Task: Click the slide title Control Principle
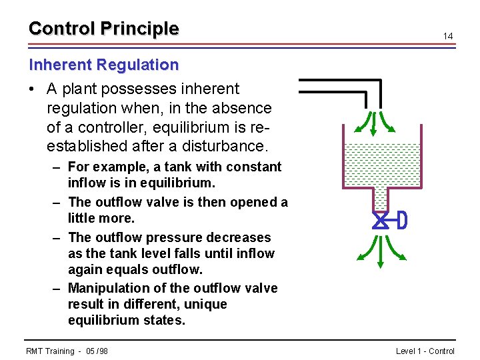tap(104, 29)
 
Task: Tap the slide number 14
tap(449, 36)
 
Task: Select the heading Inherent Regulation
tap(104, 65)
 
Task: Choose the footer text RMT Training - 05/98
tap(67, 351)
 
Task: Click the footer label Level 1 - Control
tap(425, 351)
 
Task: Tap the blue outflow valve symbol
tap(381, 221)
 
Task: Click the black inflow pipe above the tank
tap(340, 83)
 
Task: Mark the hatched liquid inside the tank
tap(381, 165)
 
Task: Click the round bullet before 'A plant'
tap(33, 89)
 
